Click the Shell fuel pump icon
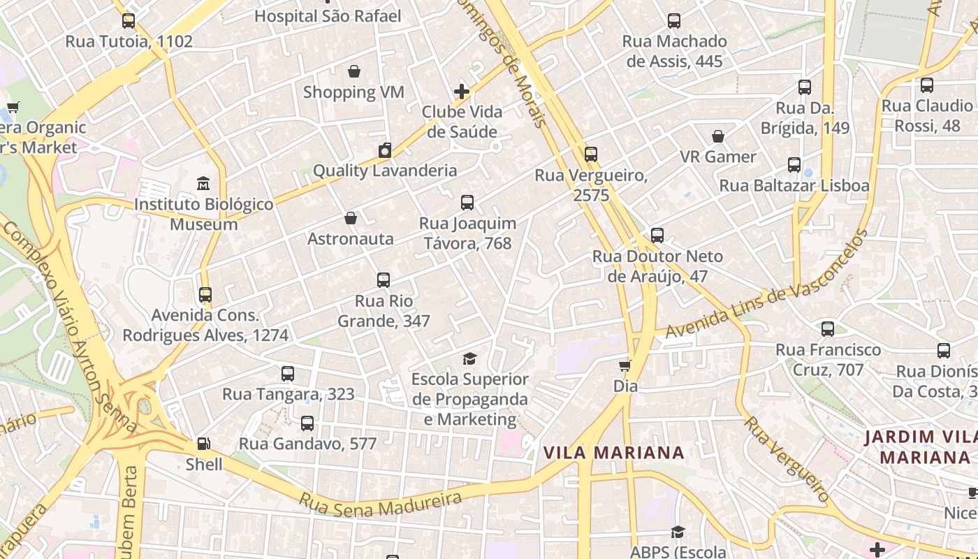(203, 443)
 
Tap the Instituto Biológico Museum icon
(203, 184)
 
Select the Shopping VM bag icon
(354, 71)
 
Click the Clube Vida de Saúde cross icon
(462, 92)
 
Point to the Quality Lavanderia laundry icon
(385, 150)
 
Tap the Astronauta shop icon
(351, 219)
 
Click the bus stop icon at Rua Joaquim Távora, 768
(467, 203)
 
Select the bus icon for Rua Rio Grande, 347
(384, 280)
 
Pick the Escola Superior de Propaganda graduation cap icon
(470, 358)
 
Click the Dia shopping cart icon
(625, 365)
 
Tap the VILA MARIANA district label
(614, 453)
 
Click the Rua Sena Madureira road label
(381, 500)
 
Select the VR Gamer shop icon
(718, 136)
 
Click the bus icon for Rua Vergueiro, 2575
(591, 154)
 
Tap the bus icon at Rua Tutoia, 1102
(129, 21)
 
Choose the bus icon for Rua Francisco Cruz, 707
(828, 328)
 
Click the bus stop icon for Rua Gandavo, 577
(307, 423)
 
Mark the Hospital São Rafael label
(328, 16)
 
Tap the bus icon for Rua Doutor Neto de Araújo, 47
(657, 235)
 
